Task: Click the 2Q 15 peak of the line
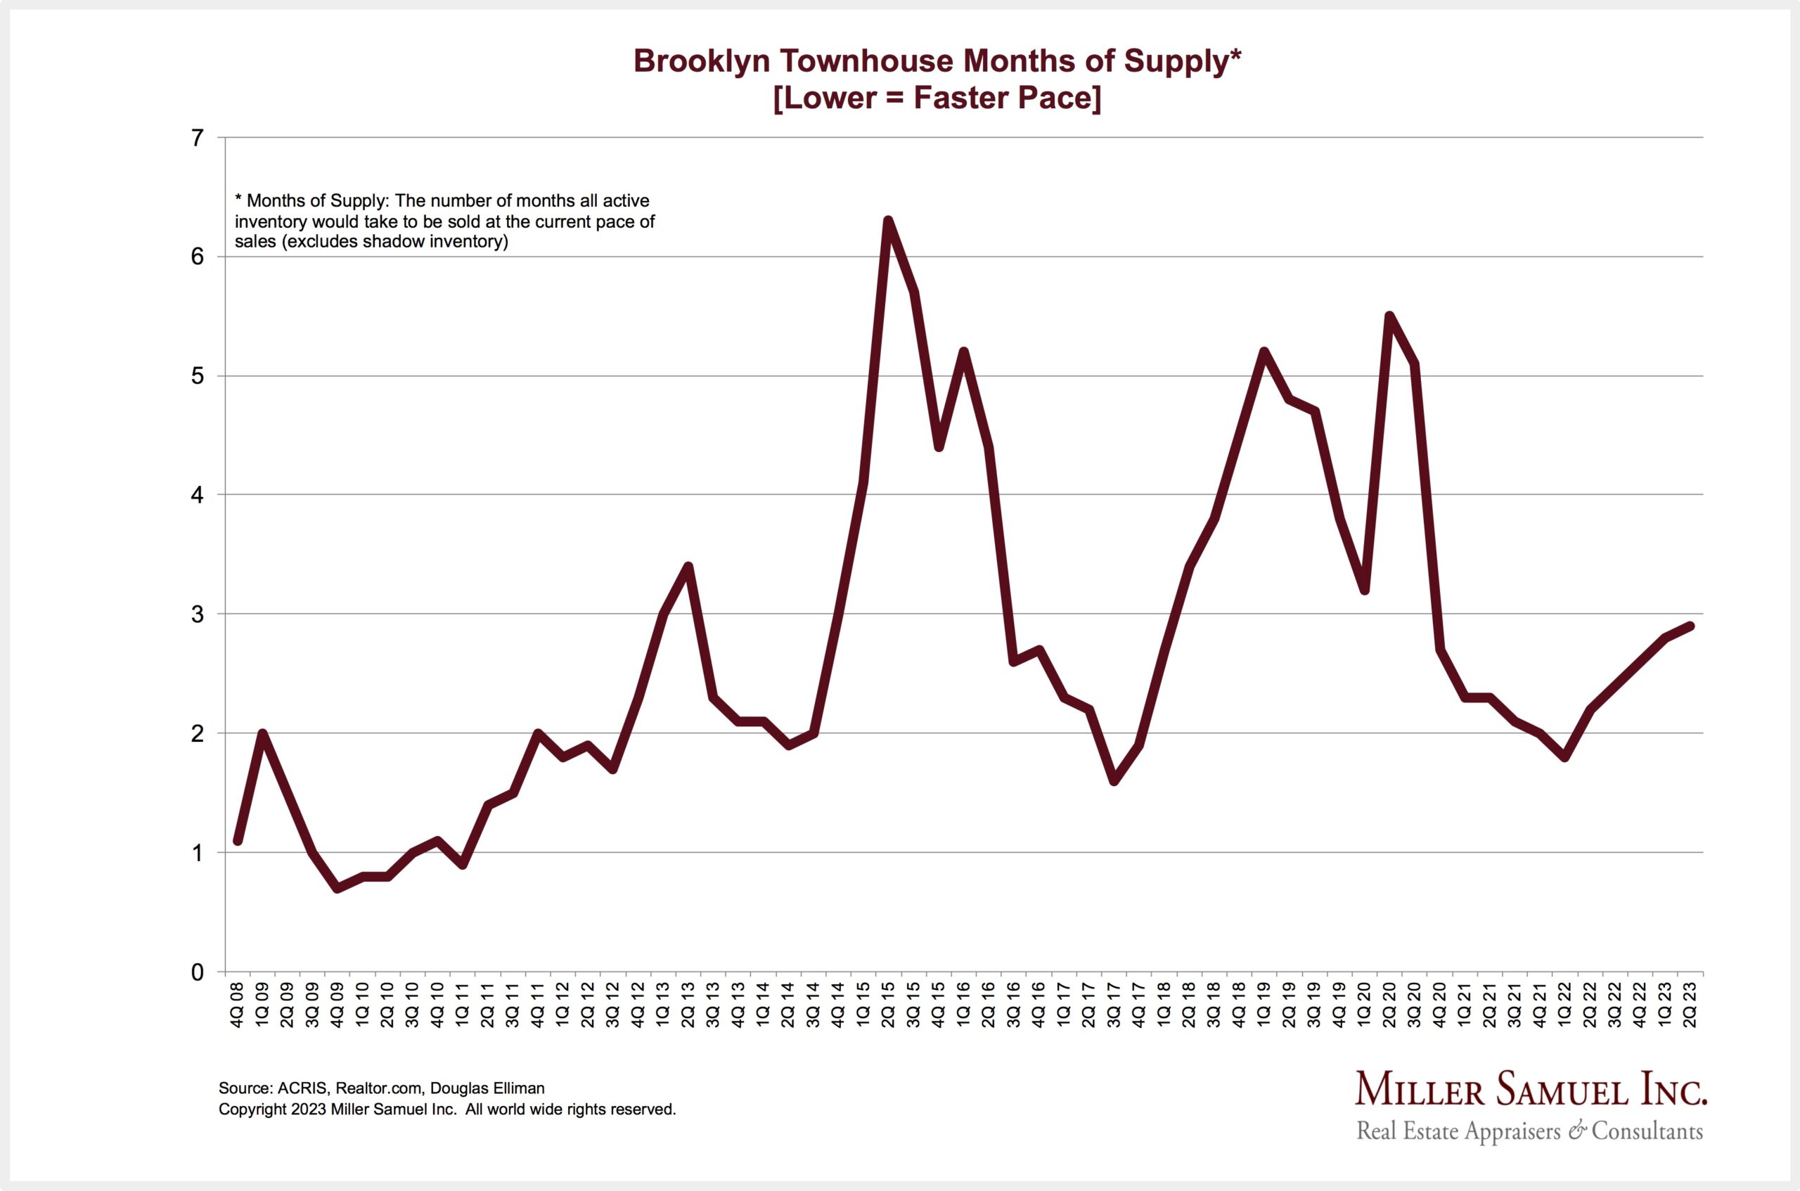[x=887, y=221]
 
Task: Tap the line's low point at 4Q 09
[x=337, y=888]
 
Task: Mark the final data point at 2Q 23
[x=1690, y=626]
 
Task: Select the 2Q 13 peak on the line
[x=688, y=567]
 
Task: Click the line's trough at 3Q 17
[x=1114, y=781]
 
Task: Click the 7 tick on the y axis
[x=198, y=139]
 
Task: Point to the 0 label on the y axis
[x=198, y=972]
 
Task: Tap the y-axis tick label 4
[x=198, y=495]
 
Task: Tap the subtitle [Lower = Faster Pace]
[x=937, y=98]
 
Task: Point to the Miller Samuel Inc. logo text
[x=1531, y=1090]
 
